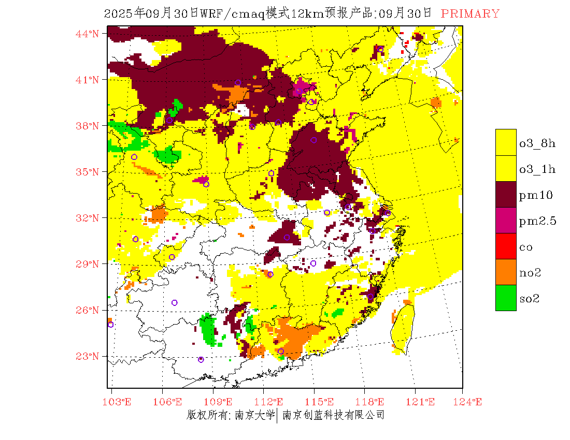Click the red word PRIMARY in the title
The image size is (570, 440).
pyautogui.click(x=470, y=14)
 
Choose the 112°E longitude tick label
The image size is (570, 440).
pyautogui.click(x=272, y=402)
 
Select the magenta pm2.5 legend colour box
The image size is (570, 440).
pyautogui.click(x=506, y=220)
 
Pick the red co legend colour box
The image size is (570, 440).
pyautogui.click(x=506, y=246)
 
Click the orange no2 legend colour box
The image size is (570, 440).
pyautogui.click(x=506, y=272)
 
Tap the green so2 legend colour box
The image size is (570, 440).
pyautogui.click(x=506, y=298)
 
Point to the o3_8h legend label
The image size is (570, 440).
pyautogui.click(x=537, y=143)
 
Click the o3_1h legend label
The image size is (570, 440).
pyautogui.click(x=537, y=169)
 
